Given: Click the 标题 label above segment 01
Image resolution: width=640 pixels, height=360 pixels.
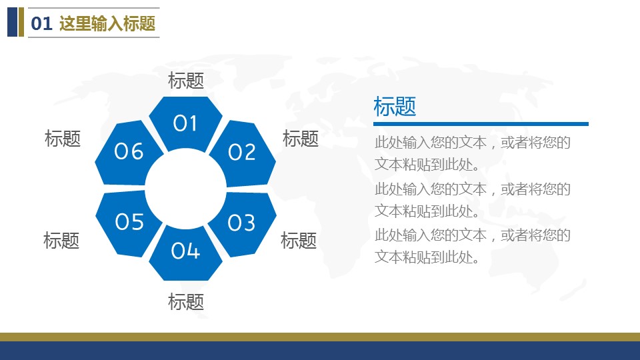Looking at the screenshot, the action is [x=186, y=81].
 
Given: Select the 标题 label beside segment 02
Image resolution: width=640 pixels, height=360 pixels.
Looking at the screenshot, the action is [x=301, y=139].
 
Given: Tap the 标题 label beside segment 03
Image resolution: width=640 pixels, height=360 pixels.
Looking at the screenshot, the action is [x=299, y=241].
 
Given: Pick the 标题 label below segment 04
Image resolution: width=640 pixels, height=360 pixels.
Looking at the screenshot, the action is [x=186, y=302].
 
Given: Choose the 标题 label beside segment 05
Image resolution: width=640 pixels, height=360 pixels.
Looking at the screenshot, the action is [x=61, y=241].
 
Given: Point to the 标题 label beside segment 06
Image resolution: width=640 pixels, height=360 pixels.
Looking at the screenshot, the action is [x=63, y=139].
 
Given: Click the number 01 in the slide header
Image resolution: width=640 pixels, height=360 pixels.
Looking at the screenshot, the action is [x=41, y=23].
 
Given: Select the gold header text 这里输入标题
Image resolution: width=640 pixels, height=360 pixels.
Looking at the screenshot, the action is [x=107, y=23].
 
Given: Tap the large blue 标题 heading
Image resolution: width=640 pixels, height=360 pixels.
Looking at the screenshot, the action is [x=395, y=107].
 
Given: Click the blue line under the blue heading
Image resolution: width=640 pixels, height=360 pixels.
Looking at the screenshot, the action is [x=481, y=124].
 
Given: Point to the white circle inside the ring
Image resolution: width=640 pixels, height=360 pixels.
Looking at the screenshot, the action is [x=186, y=189].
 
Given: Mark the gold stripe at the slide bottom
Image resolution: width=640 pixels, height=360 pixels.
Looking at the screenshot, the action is [x=320, y=337].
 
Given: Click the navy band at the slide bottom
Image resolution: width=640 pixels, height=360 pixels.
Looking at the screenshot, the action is [x=320, y=351].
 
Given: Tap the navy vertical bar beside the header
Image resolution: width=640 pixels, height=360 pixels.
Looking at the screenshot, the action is [x=12, y=22].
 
